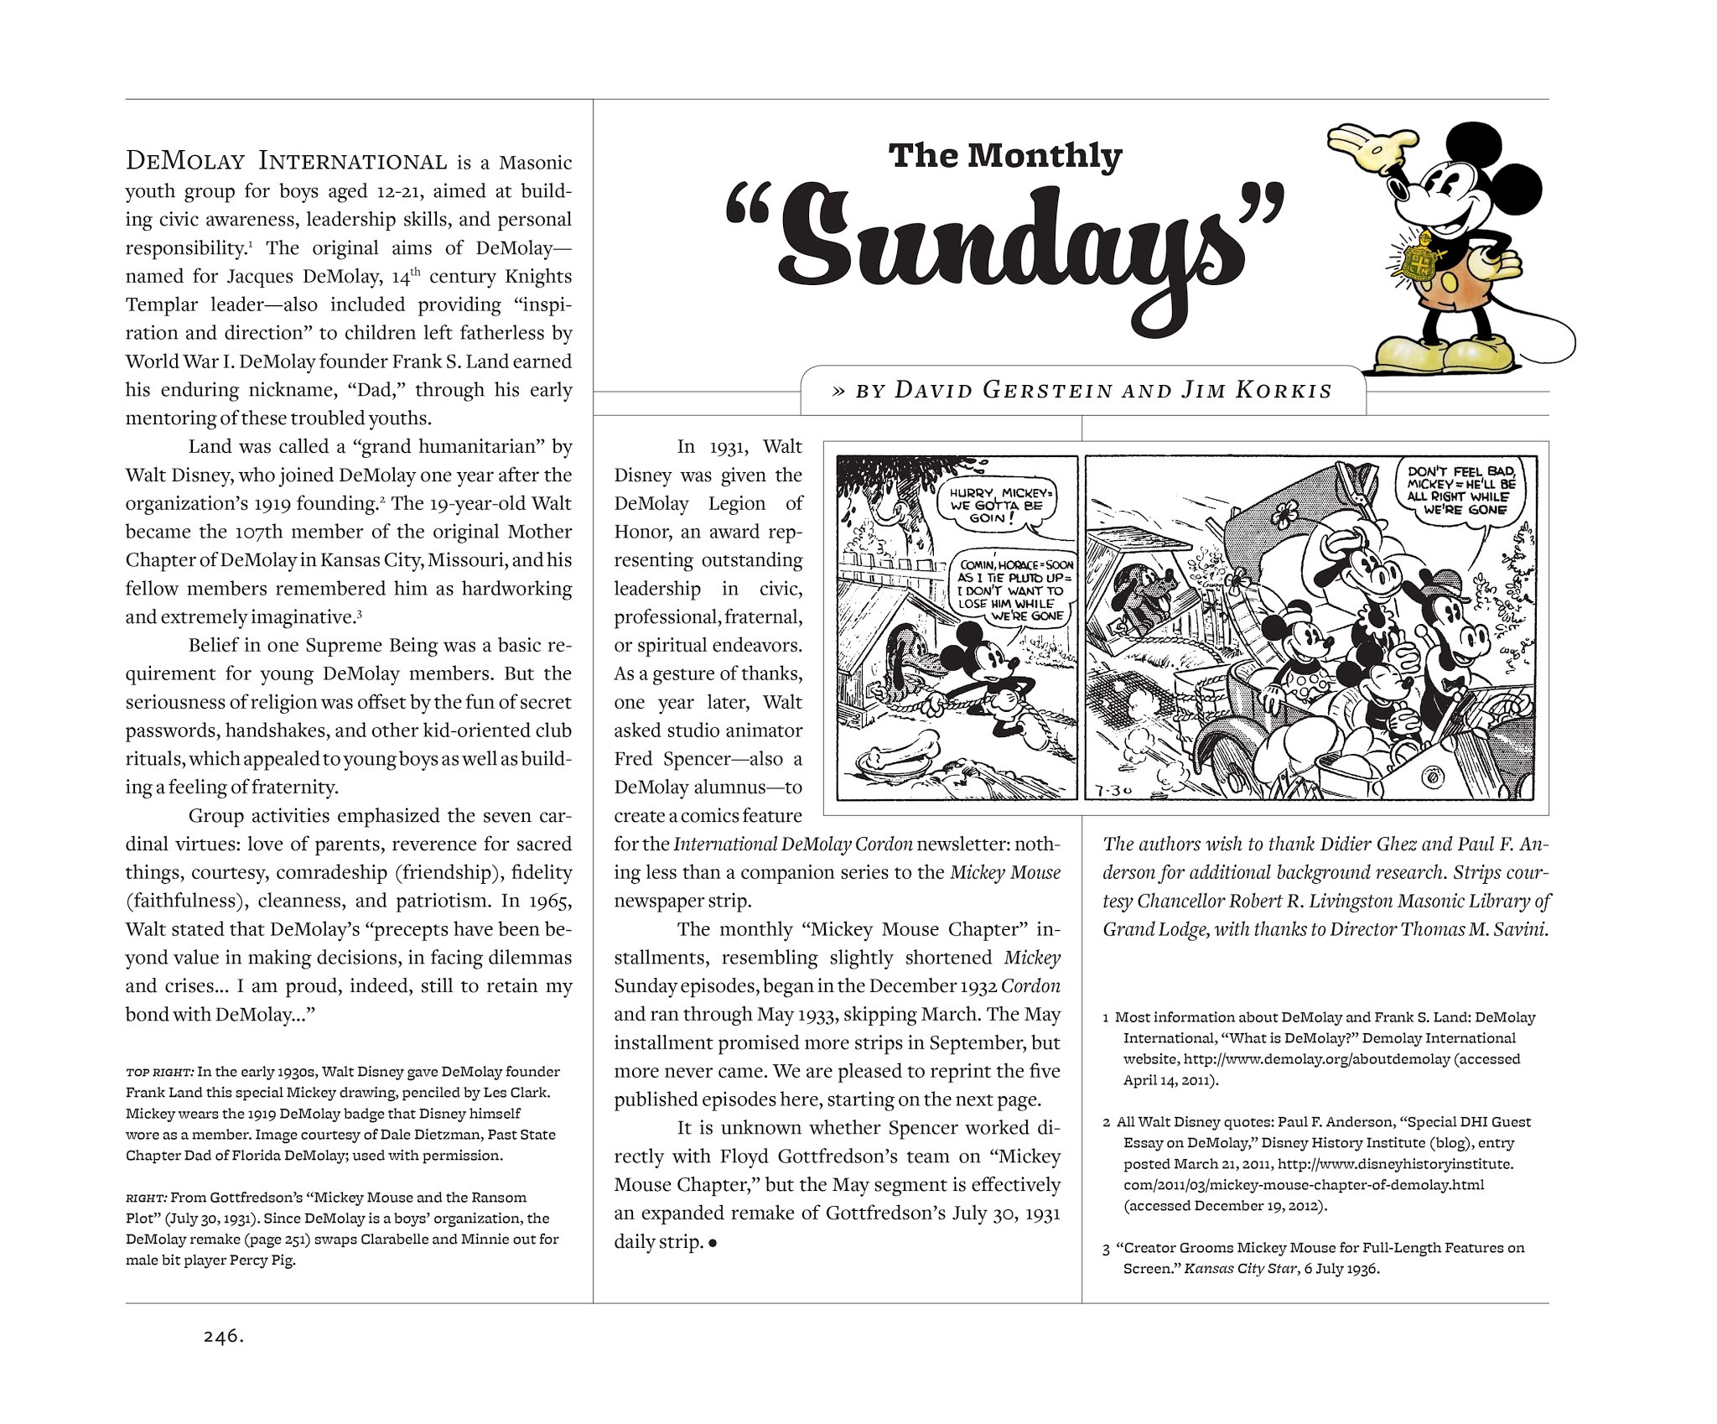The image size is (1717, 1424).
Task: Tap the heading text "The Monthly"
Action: pyautogui.click(x=1004, y=157)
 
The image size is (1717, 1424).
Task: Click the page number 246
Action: pyautogui.click(x=222, y=1360)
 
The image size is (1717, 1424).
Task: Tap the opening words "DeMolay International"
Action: pyautogui.click(x=285, y=160)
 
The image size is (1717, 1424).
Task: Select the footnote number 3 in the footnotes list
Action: pyautogui.click(x=1107, y=1249)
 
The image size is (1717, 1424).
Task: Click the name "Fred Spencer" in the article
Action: pyautogui.click(x=667, y=759)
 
